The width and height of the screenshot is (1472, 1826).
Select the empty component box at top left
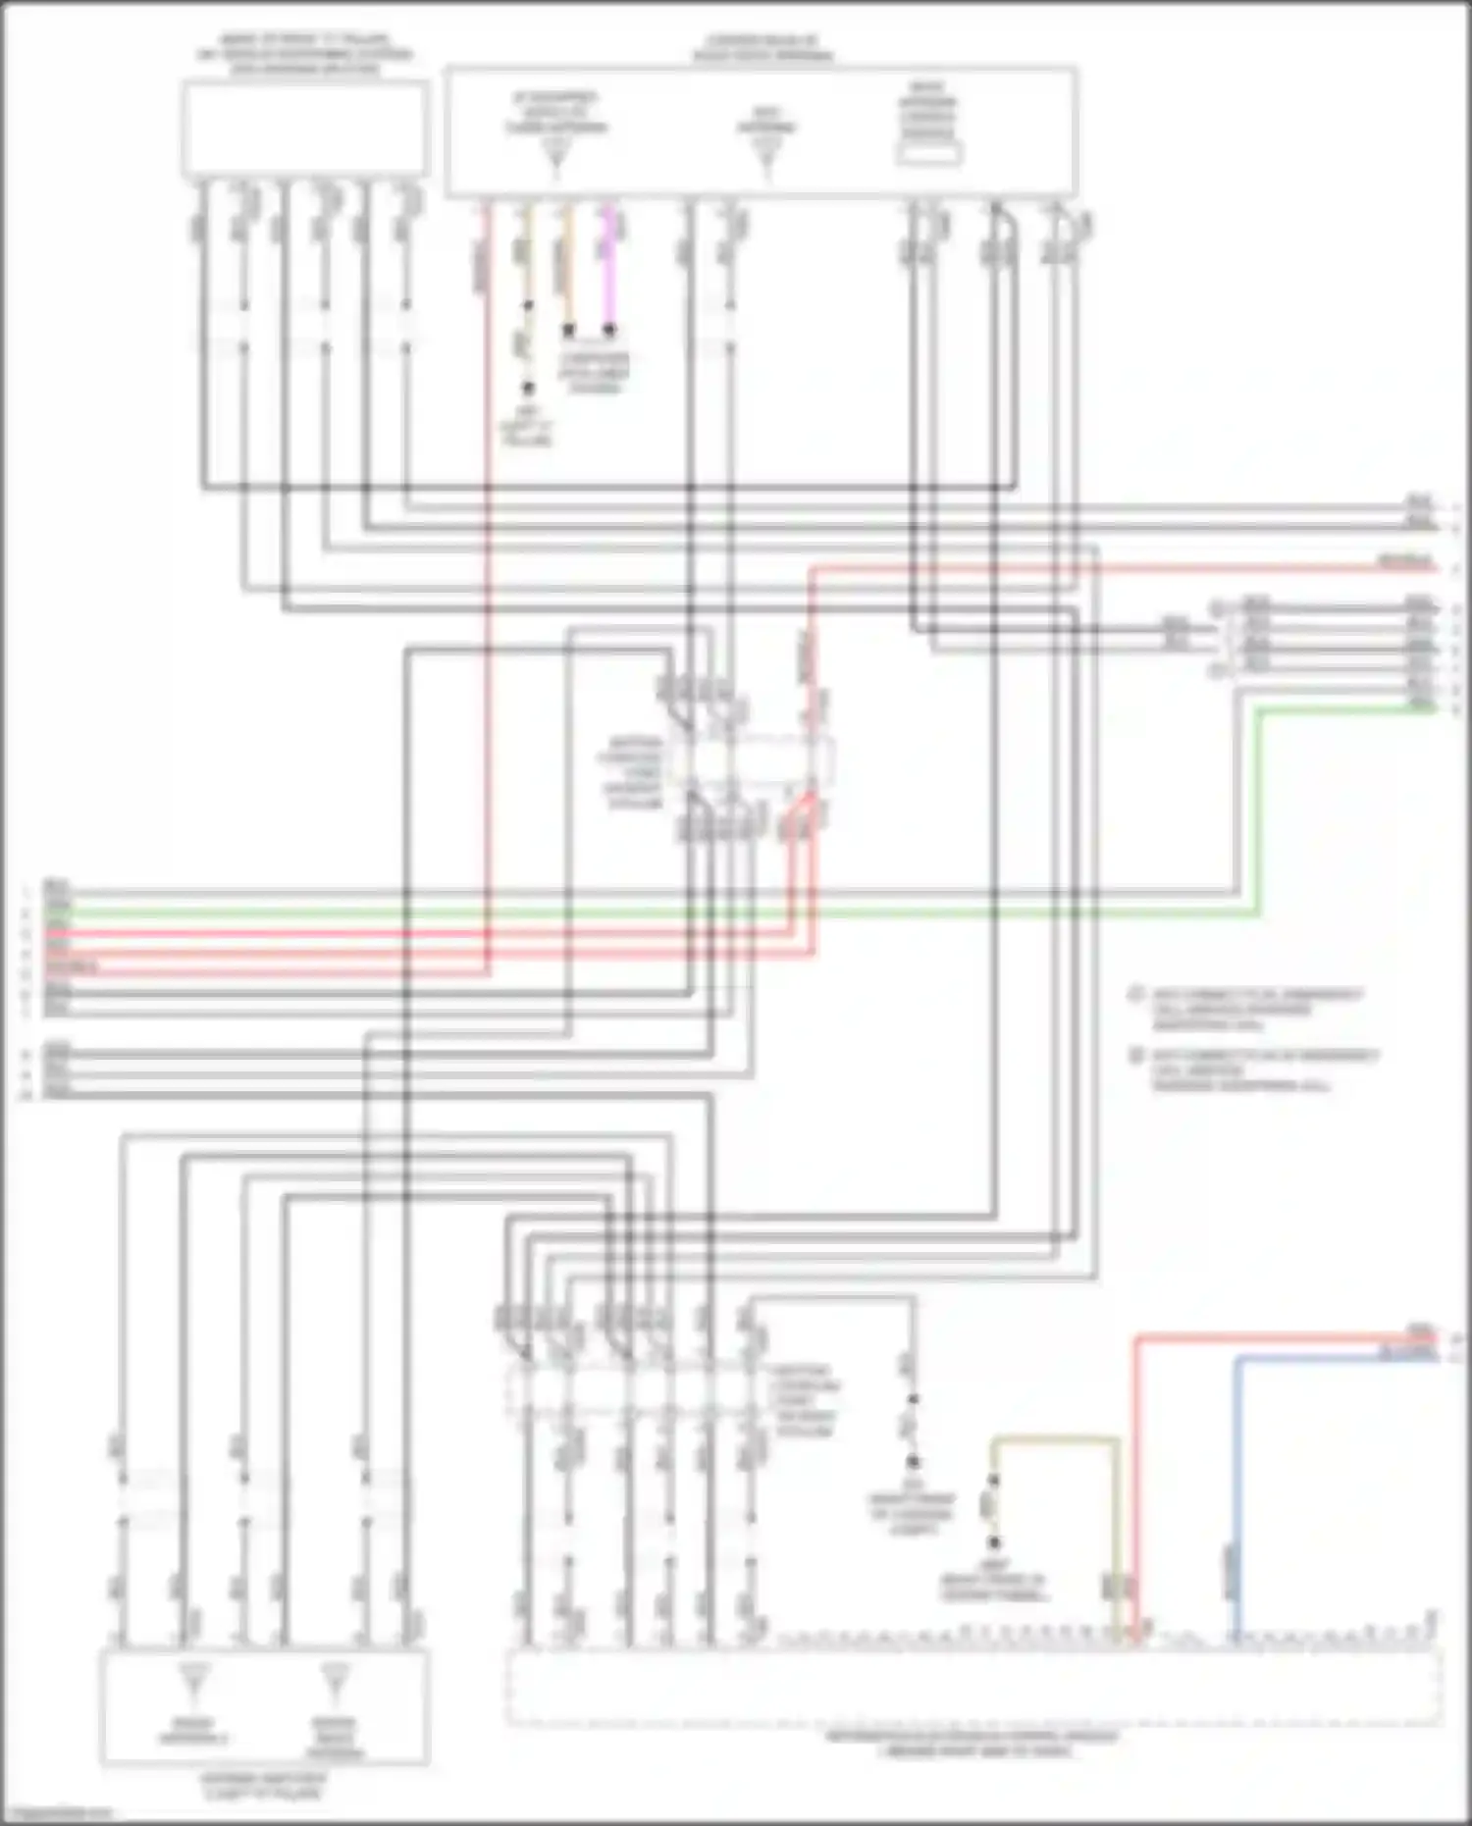304,129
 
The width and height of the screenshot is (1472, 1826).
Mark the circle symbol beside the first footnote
1137,995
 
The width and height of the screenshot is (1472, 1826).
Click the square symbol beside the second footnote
1137,1057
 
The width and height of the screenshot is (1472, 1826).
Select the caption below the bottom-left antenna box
265,1787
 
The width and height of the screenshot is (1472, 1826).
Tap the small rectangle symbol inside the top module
927,154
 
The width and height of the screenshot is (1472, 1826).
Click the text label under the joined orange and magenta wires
595,373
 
